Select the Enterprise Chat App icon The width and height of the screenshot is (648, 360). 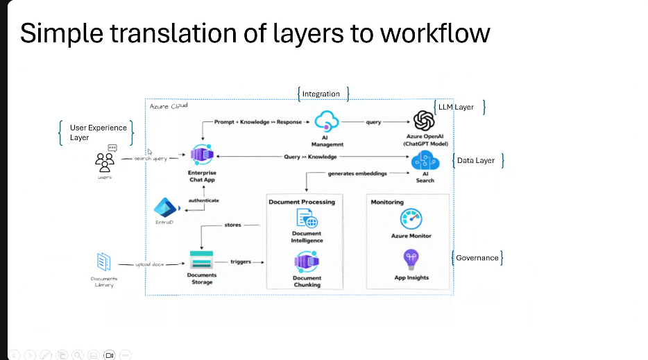tap(201, 156)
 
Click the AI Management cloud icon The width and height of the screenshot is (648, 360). tap(325, 122)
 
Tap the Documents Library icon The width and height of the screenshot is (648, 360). tap(104, 262)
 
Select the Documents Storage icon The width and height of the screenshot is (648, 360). tap(201, 262)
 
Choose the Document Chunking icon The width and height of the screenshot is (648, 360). tap(307, 262)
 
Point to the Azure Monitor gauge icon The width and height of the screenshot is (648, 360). tap(411, 220)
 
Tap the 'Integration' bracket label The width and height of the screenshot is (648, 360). tap(321, 94)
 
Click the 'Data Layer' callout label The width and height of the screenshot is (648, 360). tap(476, 160)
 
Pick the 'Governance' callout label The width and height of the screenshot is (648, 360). tap(477, 257)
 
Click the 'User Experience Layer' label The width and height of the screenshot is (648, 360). tap(98, 132)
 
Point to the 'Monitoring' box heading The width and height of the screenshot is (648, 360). tap(387, 202)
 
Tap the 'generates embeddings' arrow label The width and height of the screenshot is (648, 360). tap(357, 173)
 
